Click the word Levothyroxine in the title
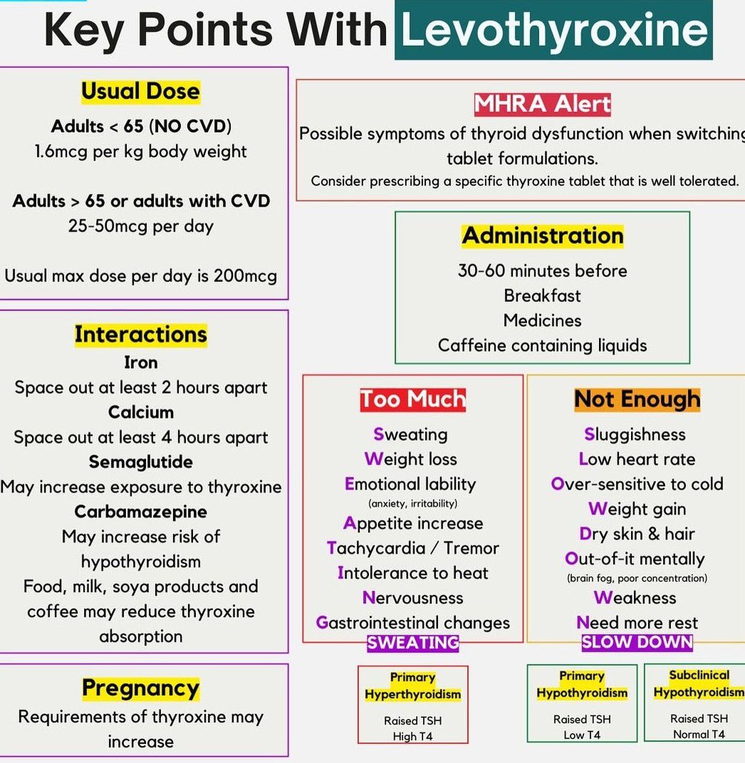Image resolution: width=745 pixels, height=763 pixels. (x=554, y=30)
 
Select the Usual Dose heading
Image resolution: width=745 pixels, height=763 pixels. (x=140, y=91)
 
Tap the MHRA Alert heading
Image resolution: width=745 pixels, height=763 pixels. (x=543, y=104)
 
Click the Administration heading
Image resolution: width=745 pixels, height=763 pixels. (x=543, y=236)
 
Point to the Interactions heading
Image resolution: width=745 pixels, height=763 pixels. (x=140, y=334)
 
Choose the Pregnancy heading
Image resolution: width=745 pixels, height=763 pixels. (x=140, y=688)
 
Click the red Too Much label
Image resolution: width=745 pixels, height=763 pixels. (x=412, y=399)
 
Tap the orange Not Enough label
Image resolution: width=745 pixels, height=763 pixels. (x=637, y=399)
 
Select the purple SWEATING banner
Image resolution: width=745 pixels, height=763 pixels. (x=412, y=643)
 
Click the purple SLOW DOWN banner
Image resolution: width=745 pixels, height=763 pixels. (x=637, y=642)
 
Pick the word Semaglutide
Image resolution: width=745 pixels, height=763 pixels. (x=140, y=462)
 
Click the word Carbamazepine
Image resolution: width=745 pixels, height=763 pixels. (x=140, y=512)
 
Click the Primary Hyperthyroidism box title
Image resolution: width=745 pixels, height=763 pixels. (x=412, y=686)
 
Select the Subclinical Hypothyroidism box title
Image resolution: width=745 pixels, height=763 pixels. (x=699, y=684)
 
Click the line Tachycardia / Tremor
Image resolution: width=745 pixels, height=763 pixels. (x=412, y=549)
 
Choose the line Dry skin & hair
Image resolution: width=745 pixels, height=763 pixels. (x=637, y=534)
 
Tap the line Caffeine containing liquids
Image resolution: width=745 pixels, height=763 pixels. (x=543, y=346)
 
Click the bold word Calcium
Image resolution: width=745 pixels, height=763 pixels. (x=140, y=412)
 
